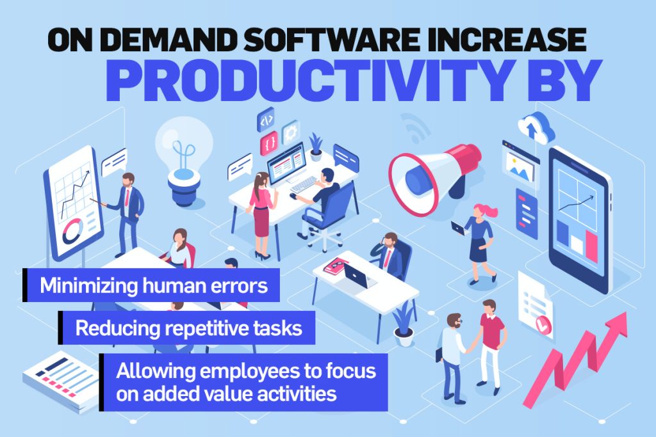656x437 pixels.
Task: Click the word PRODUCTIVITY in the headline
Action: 307,80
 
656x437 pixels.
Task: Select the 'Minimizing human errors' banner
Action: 151,285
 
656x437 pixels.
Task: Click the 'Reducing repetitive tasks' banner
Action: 186,328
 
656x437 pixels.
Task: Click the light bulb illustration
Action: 184,160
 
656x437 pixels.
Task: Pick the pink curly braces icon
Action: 269,143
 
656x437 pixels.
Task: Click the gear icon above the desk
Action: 291,133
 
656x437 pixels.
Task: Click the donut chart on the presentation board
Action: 73,230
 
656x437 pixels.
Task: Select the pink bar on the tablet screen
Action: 592,246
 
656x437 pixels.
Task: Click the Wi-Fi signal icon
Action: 415,127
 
